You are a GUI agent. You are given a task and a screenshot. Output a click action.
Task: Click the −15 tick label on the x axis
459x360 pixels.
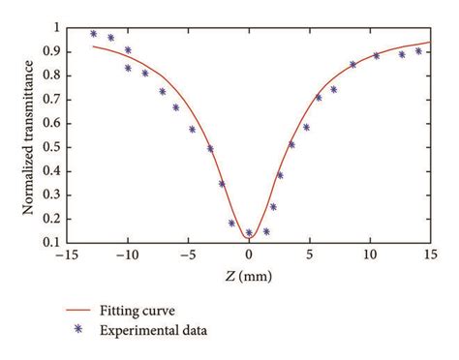point(66,254)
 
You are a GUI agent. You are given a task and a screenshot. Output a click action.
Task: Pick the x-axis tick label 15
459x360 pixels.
point(431,254)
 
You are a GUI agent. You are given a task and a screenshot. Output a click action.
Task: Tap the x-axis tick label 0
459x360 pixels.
point(249,254)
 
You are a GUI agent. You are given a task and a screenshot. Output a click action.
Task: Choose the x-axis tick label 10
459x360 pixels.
point(370,254)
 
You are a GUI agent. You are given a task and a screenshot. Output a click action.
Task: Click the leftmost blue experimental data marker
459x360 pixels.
point(94,33)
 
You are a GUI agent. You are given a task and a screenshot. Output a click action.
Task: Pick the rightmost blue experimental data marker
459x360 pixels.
point(419,51)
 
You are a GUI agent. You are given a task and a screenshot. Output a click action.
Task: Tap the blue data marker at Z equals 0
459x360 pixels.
point(249,232)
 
